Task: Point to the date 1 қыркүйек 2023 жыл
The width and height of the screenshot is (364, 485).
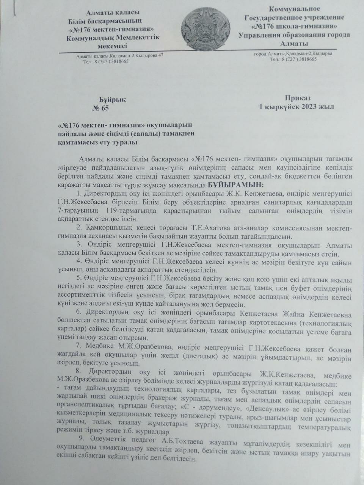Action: tap(297, 107)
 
